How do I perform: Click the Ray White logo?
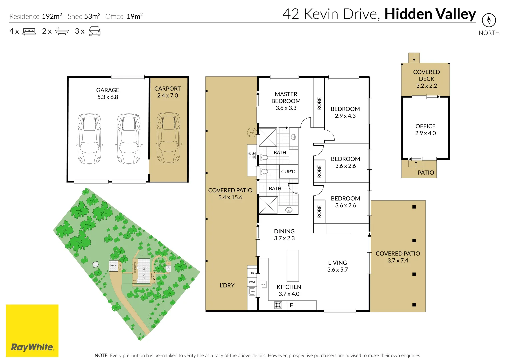point(32,331)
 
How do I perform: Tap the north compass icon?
point(489,20)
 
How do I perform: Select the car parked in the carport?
point(169,137)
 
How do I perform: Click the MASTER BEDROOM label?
point(286,101)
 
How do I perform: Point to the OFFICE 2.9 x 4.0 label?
point(425,130)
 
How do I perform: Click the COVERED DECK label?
point(426,79)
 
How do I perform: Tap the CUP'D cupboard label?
point(288,172)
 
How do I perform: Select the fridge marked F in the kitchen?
point(291,305)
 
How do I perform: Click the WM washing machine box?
point(252,282)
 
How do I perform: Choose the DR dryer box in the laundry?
point(252,273)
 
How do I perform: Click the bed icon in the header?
point(29,32)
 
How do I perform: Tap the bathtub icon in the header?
point(62,31)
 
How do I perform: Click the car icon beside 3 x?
point(94,31)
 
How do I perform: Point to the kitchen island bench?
point(293,266)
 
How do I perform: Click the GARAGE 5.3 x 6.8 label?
point(108,94)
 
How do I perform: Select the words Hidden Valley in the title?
point(430,14)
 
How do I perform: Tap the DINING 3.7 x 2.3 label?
point(284,235)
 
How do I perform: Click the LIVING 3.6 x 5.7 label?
point(337,266)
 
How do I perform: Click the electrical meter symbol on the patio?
point(252,133)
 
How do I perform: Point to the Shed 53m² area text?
point(84,16)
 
